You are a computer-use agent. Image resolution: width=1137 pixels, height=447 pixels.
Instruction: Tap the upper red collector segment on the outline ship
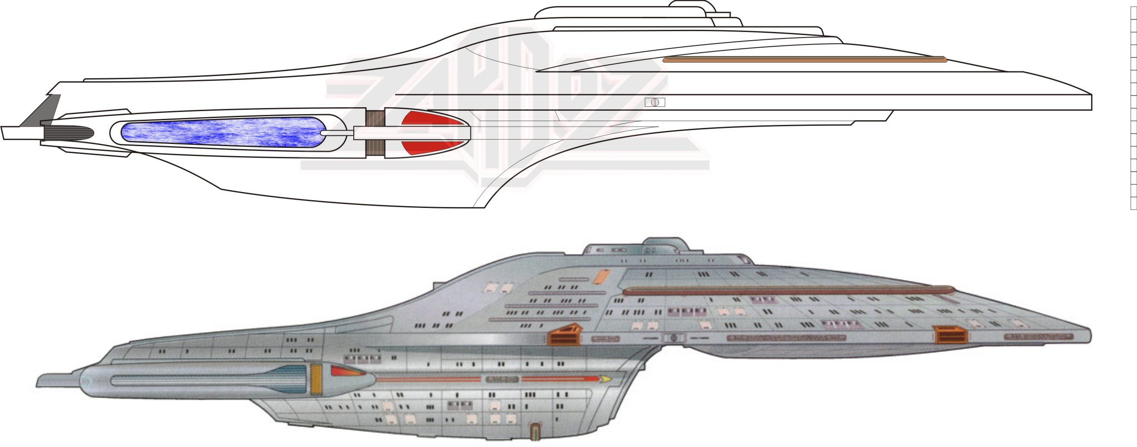pyautogui.click(x=430, y=119)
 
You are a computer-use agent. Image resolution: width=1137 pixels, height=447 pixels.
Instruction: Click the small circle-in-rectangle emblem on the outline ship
pyautogui.click(x=655, y=102)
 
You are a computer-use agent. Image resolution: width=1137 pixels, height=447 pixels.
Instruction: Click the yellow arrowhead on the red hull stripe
pyautogui.click(x=606, y=379)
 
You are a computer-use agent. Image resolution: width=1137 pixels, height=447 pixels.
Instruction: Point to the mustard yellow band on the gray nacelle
pyautogui.click(x=316, y=379)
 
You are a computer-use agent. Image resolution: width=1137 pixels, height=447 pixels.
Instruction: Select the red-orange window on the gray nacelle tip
pyautogui.click(x=346, y=371)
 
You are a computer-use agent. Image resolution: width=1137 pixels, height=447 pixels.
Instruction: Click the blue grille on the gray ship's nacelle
pyautogui.click(x=291, y=379)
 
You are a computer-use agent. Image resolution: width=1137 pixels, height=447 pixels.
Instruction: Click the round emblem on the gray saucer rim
pyautogui.click(x=674, y=338)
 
